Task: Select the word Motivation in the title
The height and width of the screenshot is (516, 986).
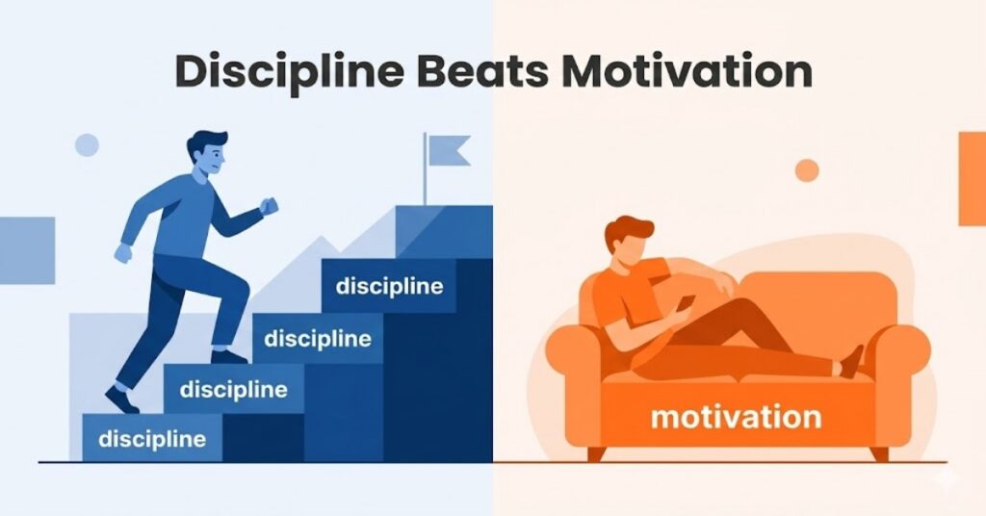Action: click(x=688, y=73)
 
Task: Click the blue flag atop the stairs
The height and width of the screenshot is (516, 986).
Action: click(x=448, y=151)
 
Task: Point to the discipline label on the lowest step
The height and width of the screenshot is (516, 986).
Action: click(x=152, y=440)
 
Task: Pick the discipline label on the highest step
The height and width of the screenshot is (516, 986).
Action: click(x=389, y=287)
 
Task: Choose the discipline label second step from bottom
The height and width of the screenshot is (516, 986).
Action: click(x=233, y=390)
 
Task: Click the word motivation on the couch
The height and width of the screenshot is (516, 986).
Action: click(x=736, y=417)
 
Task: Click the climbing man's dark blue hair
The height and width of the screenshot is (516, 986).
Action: click(x=207, y=145)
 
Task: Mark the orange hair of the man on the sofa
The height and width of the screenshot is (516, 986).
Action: click(x=627, y=233)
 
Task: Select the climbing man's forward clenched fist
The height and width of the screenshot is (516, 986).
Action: click(x=269, y=205)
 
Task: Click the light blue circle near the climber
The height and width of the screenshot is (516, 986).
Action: click(x=87, y=145)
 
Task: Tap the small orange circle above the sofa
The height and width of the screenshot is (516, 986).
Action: click(x=807, y=170)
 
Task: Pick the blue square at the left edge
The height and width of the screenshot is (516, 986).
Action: click(x=27, y=250)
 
